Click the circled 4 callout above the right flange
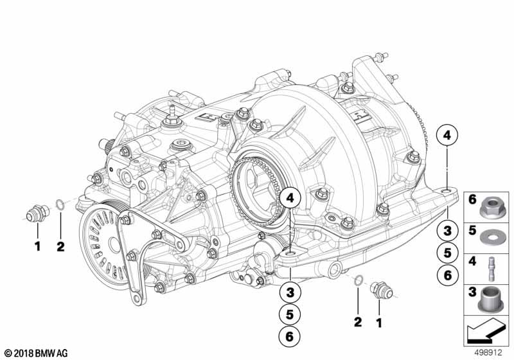coord(447,136)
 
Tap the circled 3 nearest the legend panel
coord(447,230)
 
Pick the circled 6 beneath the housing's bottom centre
coord(290,335)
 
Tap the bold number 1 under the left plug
coord(37,245)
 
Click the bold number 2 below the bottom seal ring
coord(358,320)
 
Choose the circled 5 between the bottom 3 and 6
coord(290,314)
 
